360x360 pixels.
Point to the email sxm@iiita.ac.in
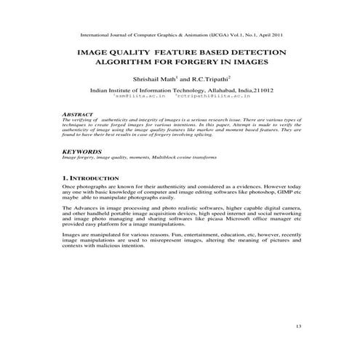[x=144, y=95]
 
